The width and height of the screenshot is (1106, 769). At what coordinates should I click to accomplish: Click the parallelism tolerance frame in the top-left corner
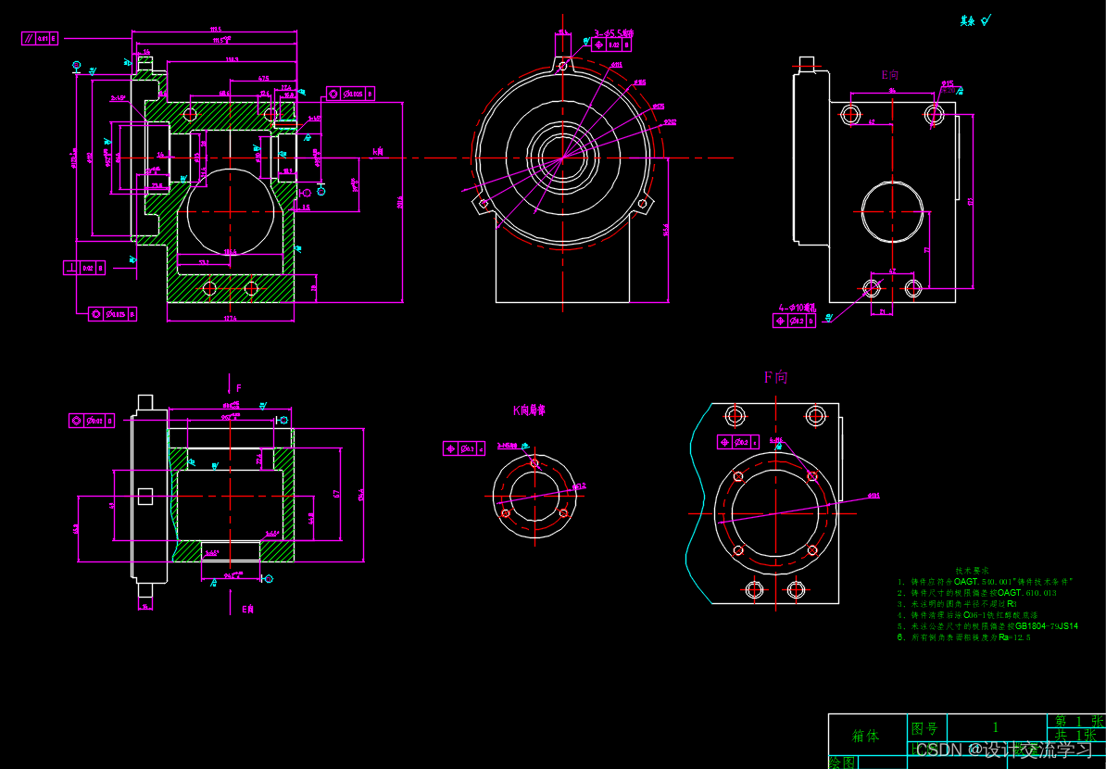[40, 38]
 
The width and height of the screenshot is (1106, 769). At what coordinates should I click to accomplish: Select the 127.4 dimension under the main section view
[230, 318]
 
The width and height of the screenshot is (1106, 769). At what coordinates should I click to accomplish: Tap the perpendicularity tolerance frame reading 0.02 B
[84, 268]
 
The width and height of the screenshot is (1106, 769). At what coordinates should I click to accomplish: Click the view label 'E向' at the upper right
[889, 74]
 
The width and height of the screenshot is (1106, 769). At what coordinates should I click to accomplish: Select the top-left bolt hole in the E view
[850, 114]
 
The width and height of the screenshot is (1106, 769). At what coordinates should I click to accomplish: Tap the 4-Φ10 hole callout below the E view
[798, 306]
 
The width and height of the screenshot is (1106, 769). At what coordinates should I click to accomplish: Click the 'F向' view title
[775, 377]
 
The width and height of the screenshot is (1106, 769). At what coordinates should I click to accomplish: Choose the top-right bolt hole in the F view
[815, 414]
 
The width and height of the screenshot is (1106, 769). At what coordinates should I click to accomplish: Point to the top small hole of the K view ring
[534, 462]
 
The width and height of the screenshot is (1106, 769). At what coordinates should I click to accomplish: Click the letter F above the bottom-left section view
[238, 387]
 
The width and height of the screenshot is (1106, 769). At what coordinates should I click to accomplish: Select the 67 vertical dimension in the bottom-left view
[338, 493]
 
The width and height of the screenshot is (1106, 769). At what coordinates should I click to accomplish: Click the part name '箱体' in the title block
[865, 736]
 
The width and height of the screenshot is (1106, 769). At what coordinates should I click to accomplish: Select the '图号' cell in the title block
[925, 728]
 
